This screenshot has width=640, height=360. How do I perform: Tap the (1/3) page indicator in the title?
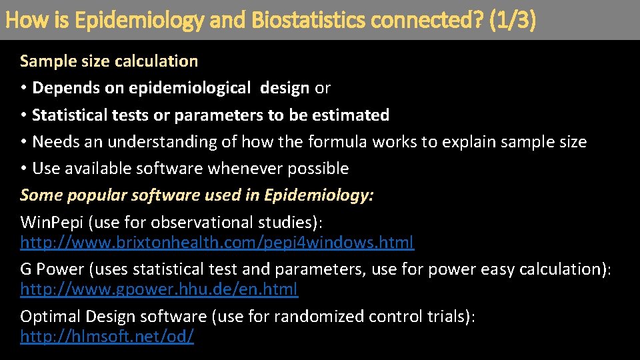tap(512, 21)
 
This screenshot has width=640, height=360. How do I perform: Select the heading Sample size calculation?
tap(109, 61)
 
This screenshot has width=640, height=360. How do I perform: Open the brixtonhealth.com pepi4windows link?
tap(217, 242)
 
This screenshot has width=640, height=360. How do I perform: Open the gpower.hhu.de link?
tap(159, 290)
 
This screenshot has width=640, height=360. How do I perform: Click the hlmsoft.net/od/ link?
tap(107, 337)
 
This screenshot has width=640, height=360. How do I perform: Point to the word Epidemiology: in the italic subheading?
tap(319, 195)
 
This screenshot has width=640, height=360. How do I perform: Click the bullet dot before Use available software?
tap(24, 169)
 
